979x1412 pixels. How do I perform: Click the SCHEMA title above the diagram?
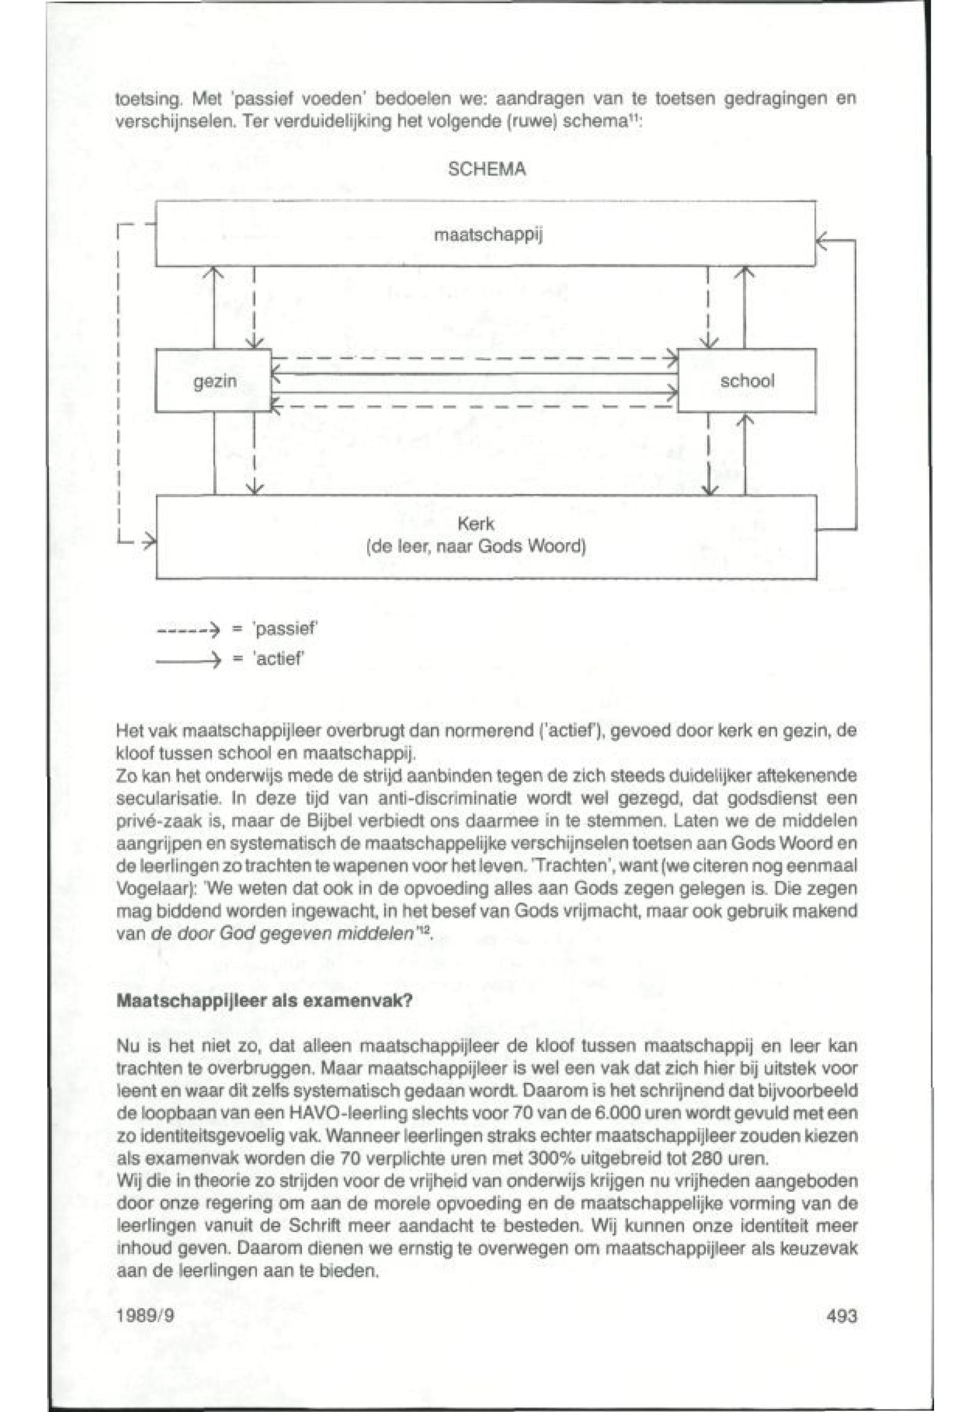[487, 169]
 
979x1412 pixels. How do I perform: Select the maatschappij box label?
[488, 235]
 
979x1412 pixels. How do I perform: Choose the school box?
[747, 381]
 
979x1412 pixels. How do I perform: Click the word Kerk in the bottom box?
[476, 524]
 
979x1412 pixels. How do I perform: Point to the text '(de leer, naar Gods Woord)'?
[476, 546]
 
